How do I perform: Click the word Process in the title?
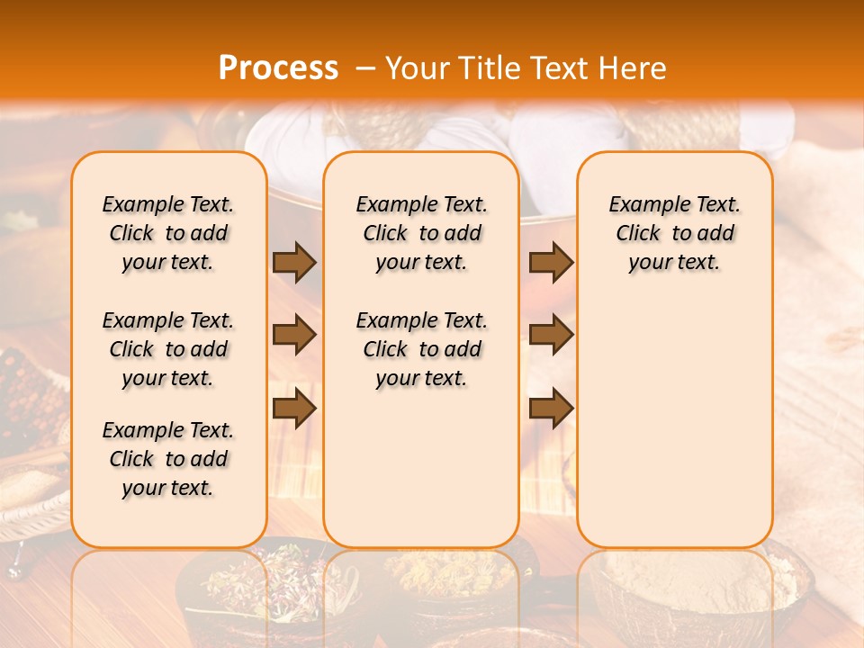click(x=278, y=68)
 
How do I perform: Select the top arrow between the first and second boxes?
click(x=294, y=263)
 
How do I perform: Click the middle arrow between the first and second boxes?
click(x=294, y=336)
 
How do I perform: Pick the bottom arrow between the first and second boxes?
click(x=294, y=409)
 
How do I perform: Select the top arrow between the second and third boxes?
click(x=551, y=263)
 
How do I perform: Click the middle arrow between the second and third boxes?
click(x=551, y=336)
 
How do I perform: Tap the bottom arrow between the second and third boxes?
click(x=551, y=409)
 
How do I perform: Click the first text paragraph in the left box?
click(x=168, y=233)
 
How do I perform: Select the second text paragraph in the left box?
click(x=168, y=349)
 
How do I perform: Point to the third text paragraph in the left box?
click(x=168, y=459)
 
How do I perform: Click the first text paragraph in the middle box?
click(x=421, y=233)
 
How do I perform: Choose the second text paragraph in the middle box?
click(x=421, y=349)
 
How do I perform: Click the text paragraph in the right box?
click(x=675, y=233)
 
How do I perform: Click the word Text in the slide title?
click(x=555, y=68)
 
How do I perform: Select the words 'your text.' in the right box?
click(x=675, y=263)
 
